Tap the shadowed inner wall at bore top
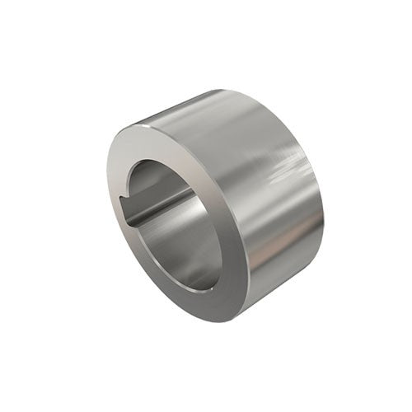coord(161,173)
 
